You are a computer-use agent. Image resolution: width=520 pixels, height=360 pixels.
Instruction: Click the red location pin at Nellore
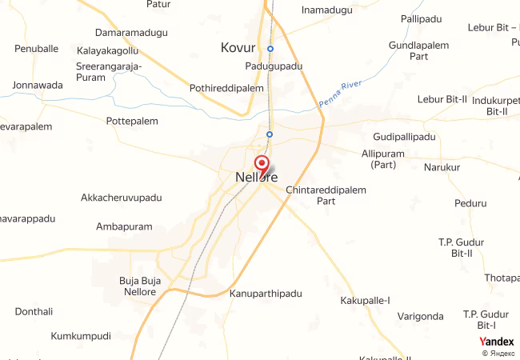click(x=261, y=163)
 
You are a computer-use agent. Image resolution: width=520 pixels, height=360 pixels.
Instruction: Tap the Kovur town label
click(x=238, y=48)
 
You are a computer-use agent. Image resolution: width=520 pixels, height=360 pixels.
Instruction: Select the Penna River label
click(x=341, y=94)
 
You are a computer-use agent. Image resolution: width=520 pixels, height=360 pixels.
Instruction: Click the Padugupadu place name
click(x=274, y=67)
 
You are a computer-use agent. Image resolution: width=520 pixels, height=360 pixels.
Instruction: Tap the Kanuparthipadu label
click(x=266, y=294)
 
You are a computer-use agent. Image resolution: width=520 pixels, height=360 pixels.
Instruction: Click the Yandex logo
click(x=496, y=342)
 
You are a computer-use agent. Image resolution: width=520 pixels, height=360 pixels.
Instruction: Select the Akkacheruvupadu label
click(x=122, y=198)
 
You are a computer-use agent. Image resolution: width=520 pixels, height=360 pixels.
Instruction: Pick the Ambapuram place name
click(x=124, y=226)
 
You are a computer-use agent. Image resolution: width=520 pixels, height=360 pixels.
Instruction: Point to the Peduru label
click(x=470, y=203)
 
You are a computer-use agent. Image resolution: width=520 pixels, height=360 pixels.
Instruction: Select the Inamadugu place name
click(x=326, y=10)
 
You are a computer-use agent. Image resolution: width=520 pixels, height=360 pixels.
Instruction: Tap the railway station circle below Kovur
click(x=270, y=49)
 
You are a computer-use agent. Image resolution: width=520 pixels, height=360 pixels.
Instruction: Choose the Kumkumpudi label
click(x=81, y=336)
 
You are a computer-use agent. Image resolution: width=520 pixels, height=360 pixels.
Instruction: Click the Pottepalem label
click(x=132, y=122)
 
